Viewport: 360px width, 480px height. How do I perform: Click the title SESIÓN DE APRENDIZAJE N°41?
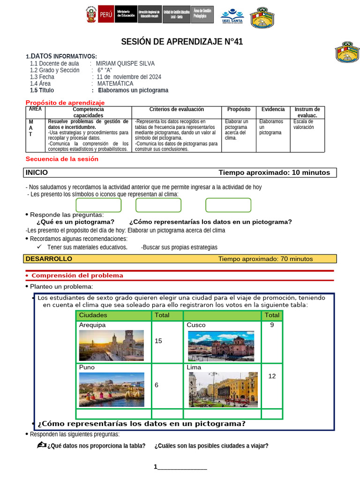182,42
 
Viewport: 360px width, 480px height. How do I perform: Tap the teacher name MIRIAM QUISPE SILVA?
125,64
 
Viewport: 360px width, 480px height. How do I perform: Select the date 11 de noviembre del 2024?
129,77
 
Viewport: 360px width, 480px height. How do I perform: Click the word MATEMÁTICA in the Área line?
115,83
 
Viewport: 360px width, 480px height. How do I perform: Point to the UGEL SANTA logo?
232,17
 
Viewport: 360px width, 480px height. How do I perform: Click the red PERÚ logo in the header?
105,15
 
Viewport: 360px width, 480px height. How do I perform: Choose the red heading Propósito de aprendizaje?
65,103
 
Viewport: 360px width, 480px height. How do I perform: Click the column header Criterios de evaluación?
177,109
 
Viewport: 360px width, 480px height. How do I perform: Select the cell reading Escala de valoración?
304,124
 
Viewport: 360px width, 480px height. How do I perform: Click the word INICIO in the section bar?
37,172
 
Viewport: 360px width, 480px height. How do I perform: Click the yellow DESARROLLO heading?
49,259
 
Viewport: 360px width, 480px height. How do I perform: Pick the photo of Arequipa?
112,345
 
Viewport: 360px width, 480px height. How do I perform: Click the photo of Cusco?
221,346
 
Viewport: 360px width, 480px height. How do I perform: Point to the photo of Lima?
223,390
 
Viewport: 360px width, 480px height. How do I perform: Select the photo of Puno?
112,390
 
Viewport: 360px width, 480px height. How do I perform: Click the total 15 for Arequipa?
158,341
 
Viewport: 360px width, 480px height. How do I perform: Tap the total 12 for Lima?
272,376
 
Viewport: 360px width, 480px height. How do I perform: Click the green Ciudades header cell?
93,315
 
